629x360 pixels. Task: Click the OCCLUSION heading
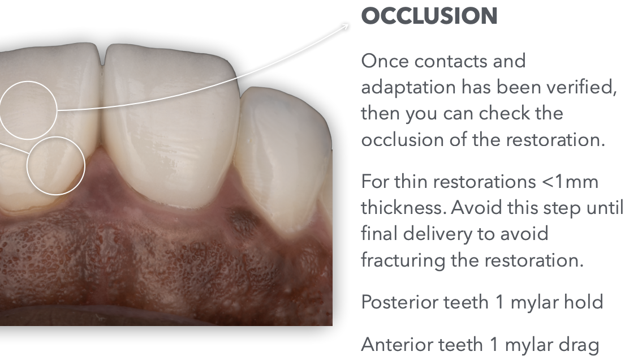click(x=429, y=16)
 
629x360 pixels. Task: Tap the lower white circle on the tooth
click(x=56, y=137)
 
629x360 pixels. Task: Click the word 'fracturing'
click(x=403, y=260)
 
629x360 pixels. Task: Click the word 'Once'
click(x=385, y=61)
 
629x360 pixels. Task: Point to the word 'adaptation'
click(x=408, y=88)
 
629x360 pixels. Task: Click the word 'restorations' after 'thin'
click(x=485, y=182)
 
